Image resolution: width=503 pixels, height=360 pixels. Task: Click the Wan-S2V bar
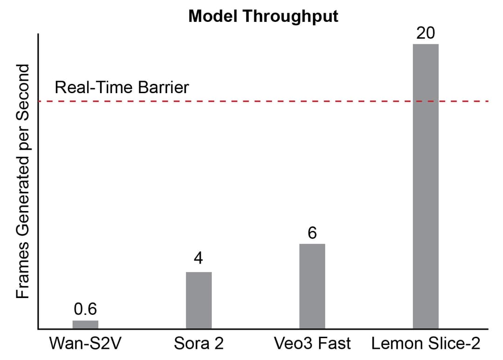click(x=85, y=324)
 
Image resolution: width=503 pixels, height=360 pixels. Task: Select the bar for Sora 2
click(x=199, y=300)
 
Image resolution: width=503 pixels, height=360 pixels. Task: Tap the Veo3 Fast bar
click(x=312, y=286)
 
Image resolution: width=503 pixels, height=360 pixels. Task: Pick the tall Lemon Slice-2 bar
click(x=425, y=186)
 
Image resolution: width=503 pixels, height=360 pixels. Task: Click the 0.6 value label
click(x=85, y=309)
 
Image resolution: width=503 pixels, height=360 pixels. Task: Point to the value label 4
click(x=199, y=258)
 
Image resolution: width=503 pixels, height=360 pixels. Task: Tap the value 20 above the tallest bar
click(x=425, y=33)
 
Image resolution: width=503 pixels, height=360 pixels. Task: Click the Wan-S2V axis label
click(x=85, y=344)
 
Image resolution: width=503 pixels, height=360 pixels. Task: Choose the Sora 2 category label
click(x=199, y=344)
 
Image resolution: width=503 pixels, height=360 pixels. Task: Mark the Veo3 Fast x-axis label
click(x=312, y=344)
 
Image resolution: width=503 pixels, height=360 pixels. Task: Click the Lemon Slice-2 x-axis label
click(x=425, y=344)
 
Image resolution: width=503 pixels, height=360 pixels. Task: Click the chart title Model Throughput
click(x=263, y=16)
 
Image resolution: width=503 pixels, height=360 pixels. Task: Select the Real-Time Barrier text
click(x=122, y=87)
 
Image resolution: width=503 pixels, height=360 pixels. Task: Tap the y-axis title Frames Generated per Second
click(x=23, y=182)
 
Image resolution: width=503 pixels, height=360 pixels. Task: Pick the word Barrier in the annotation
click(x=165, y=87)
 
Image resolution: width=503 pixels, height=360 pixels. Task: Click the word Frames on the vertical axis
click(x=23, y=275)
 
